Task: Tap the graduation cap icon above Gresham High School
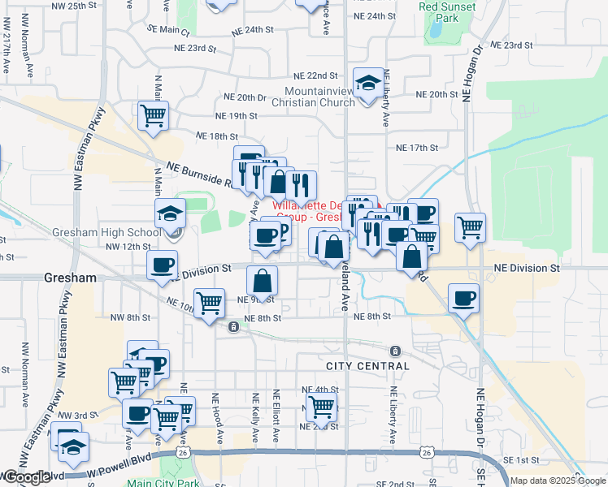coord(171,213)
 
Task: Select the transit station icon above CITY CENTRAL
coord(395,351)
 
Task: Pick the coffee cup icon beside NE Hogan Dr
coord(463,298)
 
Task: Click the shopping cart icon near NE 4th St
coord(322,406)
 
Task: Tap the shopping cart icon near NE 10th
coord(211,303)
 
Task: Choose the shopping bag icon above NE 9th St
coord(263,281)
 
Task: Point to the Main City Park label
coord(163,482)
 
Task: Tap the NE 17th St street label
coord(417,148)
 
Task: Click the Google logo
coord(26,476)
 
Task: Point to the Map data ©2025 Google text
coord(557,481)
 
